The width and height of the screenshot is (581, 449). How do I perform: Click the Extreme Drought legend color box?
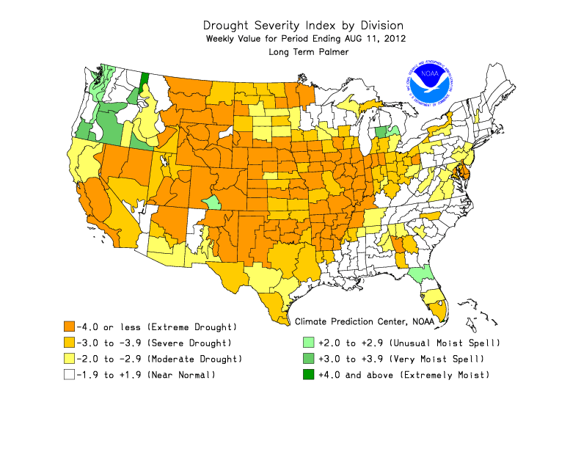click(70, 326)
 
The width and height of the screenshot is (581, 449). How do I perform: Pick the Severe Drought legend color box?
click(70, 343)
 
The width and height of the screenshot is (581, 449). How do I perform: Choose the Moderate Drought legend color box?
click(70, 359)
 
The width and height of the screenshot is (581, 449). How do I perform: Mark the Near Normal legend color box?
click(70, 375)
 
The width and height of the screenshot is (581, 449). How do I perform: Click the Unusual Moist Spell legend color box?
click(309, 343)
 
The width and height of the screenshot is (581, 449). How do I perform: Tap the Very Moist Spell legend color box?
click(309, 359)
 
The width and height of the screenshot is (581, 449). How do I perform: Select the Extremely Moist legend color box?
click(309, 375)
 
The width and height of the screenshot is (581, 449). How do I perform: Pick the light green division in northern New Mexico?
click(211, 202)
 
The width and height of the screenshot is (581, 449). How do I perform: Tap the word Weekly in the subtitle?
click(224, 37)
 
